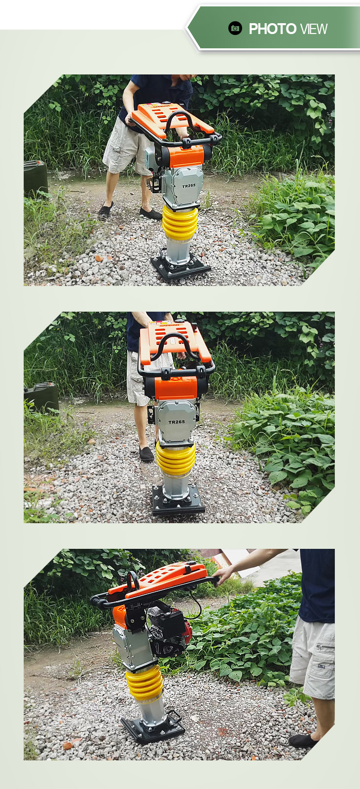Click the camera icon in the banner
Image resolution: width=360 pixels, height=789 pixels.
tap(235, 28)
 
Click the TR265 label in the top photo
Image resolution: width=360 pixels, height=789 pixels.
tap(189, 185)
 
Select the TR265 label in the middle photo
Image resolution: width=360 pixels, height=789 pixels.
tap(177, 422)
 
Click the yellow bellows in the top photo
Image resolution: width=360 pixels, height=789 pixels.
tap(180, 222)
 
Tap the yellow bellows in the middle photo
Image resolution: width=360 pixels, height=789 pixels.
tap(176, 458)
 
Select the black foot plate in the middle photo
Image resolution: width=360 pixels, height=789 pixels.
tap(178, 500)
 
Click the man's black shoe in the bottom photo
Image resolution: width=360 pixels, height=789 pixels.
tap(303, 740)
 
